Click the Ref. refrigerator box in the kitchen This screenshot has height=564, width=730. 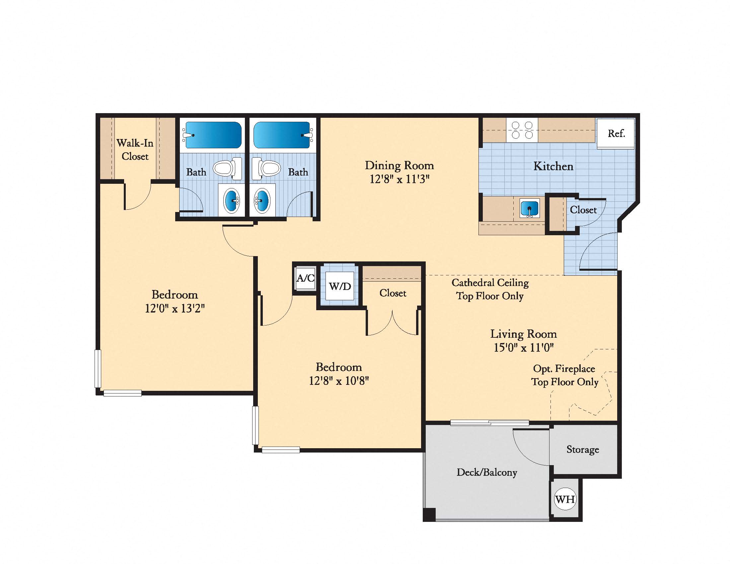coord(616,133)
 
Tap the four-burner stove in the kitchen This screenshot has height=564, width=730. coord(522,130)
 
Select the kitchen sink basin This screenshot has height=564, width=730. coord(530,208)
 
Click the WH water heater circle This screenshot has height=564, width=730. coord(565,499)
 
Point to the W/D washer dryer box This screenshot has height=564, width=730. coord(339,286)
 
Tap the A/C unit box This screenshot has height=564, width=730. coord(305,278)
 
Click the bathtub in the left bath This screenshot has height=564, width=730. coord(213,135)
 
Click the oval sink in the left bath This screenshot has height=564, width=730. coord(231,200)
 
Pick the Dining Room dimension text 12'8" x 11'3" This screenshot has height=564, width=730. coord(399,179)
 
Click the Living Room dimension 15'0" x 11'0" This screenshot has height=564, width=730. coord(523,347)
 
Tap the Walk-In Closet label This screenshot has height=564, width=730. coord(135,149)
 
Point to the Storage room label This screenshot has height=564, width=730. coord(583,450)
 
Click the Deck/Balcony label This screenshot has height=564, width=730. coord(487,472)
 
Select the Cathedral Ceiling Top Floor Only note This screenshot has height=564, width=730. coord(490,289)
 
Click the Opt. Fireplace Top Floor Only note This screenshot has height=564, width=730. coord(564,375)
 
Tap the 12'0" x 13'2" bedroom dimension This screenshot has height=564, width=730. coord(175,308)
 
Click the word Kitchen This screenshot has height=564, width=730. coord(553,166)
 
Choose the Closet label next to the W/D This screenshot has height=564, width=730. coord(393,293)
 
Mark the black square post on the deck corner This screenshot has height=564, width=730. coord(429,514)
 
